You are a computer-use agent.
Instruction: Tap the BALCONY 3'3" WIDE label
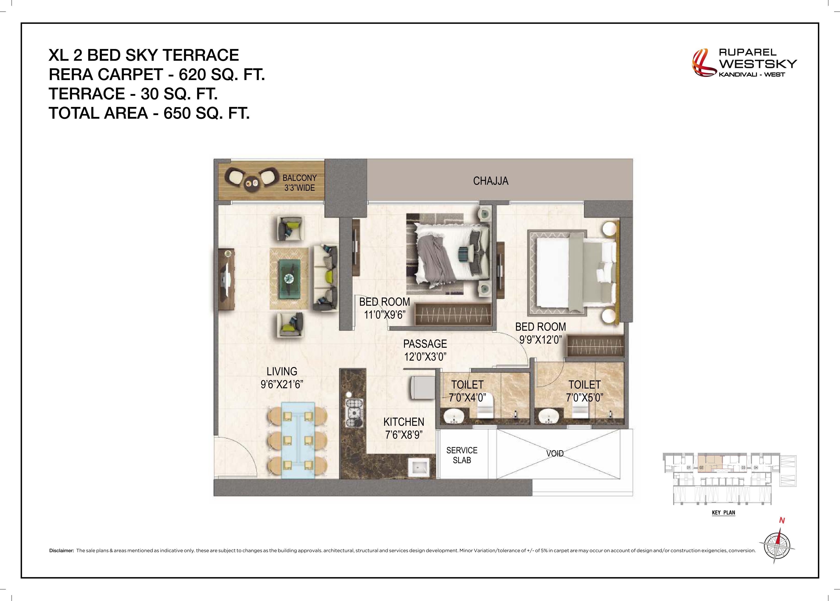click(x=299, y=183)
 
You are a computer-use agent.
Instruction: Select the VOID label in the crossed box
click(x=555, y=453)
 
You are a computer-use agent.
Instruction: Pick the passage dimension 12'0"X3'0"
click(x=425, y=357)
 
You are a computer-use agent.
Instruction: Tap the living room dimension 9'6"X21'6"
click(x=282, y=384)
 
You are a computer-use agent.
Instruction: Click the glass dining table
click(x=298, y=440)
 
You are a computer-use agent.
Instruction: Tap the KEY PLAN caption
click(x=723, y=513)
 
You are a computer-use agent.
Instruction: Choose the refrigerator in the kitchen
click(x=422, y=387)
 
